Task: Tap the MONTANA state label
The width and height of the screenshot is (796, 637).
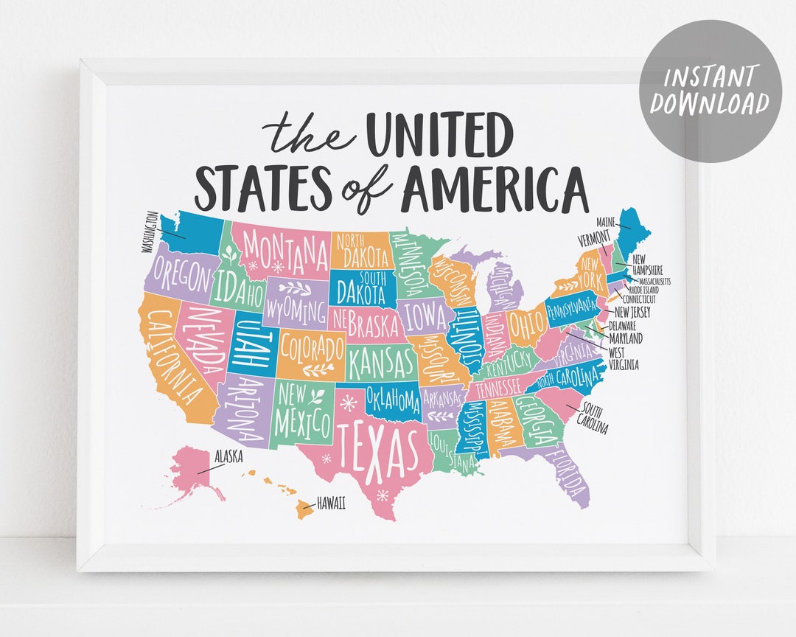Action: tap(284, 250)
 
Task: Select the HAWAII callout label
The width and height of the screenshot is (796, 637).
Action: tap(331, 504)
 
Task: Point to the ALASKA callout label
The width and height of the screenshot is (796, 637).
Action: tap(228, 456)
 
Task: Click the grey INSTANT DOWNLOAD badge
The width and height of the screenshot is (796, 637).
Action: tap(710, 91)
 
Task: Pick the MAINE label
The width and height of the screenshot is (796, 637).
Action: tap(607, 220)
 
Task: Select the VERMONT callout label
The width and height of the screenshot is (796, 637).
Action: tap(594, 237)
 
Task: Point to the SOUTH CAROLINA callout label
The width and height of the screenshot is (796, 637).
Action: tap(596, 418)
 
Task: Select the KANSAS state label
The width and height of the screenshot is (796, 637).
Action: tap(382, 362)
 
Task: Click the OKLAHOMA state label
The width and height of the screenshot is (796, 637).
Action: tap(393, 400)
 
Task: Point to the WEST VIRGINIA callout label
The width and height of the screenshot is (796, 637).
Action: tap(624, 358)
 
